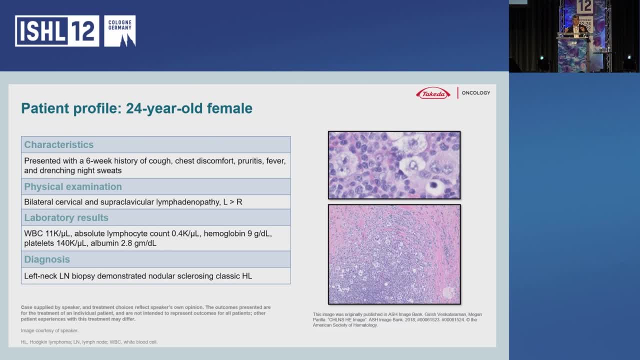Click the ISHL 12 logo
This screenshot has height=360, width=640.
coord(57,31)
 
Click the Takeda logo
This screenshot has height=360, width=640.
coord(433,93)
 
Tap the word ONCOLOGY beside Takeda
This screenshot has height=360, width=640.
coord(475,93)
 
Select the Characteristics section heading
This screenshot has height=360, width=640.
coord(58,144)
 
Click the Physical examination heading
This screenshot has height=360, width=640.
coord(73,186)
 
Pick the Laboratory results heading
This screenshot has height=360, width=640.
coord(66,217)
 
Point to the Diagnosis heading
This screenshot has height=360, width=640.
coord(47,259)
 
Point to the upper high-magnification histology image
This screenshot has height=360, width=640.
coord(394,165)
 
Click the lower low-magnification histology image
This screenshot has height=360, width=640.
coord(394,254)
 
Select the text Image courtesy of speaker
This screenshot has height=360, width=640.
coord(49,330)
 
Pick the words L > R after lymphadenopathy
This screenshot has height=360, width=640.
coord(232,202)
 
